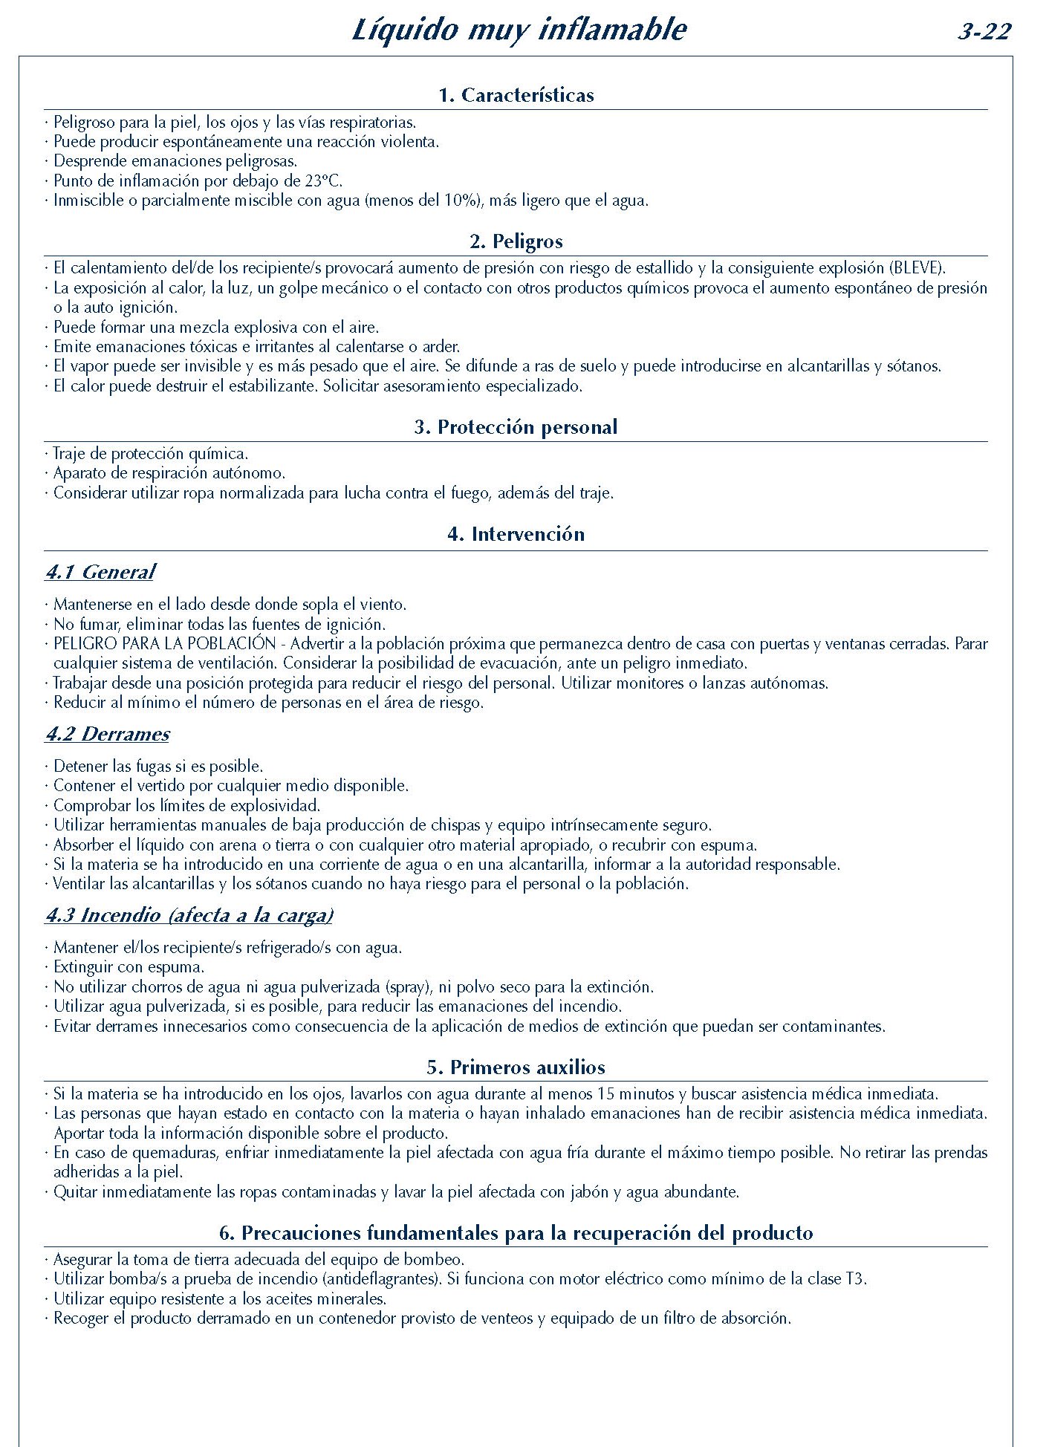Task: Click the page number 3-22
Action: click(984, 32)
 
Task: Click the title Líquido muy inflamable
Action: click(519, 30)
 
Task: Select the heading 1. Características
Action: click(516, 95)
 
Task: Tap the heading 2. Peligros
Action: click(516, 241)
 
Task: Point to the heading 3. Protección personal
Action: click(516, 427)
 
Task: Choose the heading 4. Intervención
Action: click(516, 534)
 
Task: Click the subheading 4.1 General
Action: click(100, 572)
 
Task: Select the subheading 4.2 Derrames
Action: click(108, 734)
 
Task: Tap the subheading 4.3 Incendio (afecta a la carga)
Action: click(189, 915)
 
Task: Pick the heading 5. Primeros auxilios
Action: click(516, 1067)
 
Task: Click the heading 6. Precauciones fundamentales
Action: click(516, 1233)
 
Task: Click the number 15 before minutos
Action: click(606, 1094)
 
